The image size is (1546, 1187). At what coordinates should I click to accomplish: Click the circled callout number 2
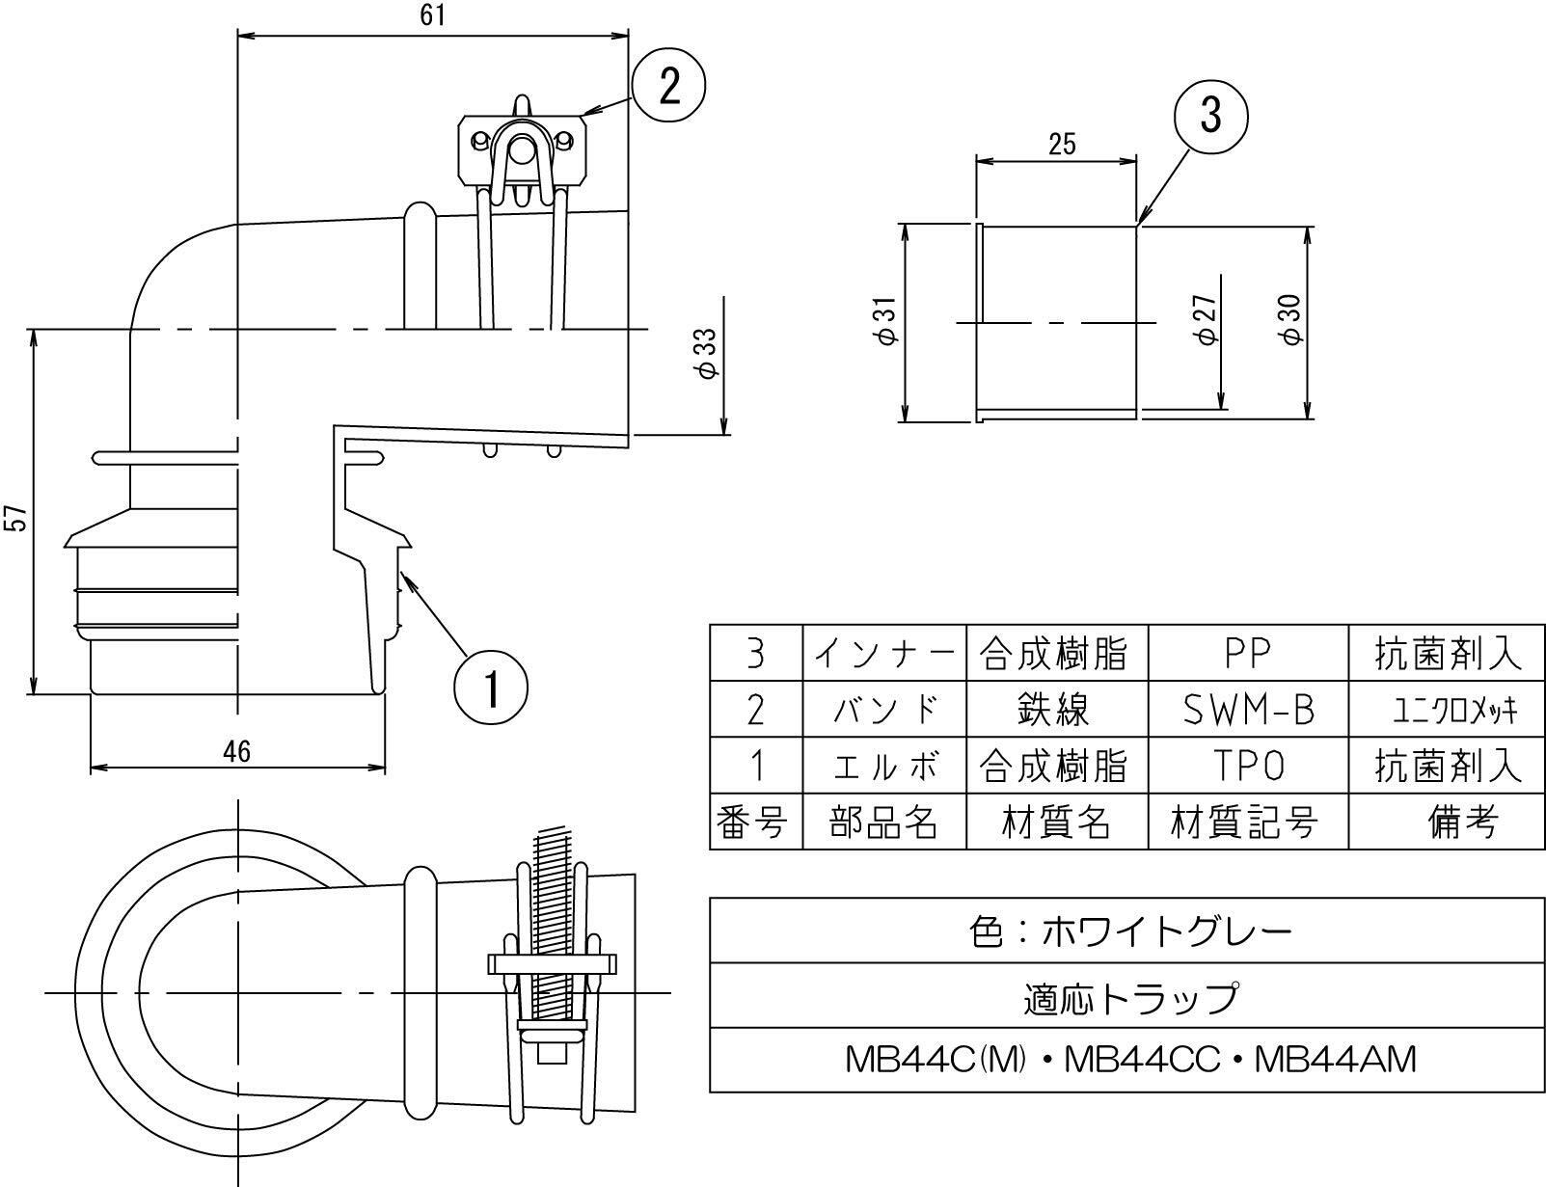point(668,87)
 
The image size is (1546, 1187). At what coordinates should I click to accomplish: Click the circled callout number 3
point(1210,115)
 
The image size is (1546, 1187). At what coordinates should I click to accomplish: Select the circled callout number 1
point(491,688)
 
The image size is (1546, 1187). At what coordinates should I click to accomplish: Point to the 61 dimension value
point(433,15)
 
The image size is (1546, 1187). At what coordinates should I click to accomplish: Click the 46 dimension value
point(237,752)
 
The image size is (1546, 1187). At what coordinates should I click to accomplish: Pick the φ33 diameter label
point(708,353)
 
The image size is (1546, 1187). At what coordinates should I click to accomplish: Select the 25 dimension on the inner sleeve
point(1062,145)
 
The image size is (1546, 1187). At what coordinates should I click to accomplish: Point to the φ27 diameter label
point(1207,320)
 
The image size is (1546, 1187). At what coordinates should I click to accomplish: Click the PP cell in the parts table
point(1248,653)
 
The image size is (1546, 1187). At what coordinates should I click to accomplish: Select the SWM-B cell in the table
point(1248,709)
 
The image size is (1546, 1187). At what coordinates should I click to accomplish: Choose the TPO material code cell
point(1248,766)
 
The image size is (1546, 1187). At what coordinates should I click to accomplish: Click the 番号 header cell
point(755,822)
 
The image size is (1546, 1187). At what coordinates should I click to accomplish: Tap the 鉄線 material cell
point(1056,709)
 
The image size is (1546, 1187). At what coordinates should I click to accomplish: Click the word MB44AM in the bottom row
point(1336,1060)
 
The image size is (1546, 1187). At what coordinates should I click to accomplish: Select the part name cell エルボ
point(883,766)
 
